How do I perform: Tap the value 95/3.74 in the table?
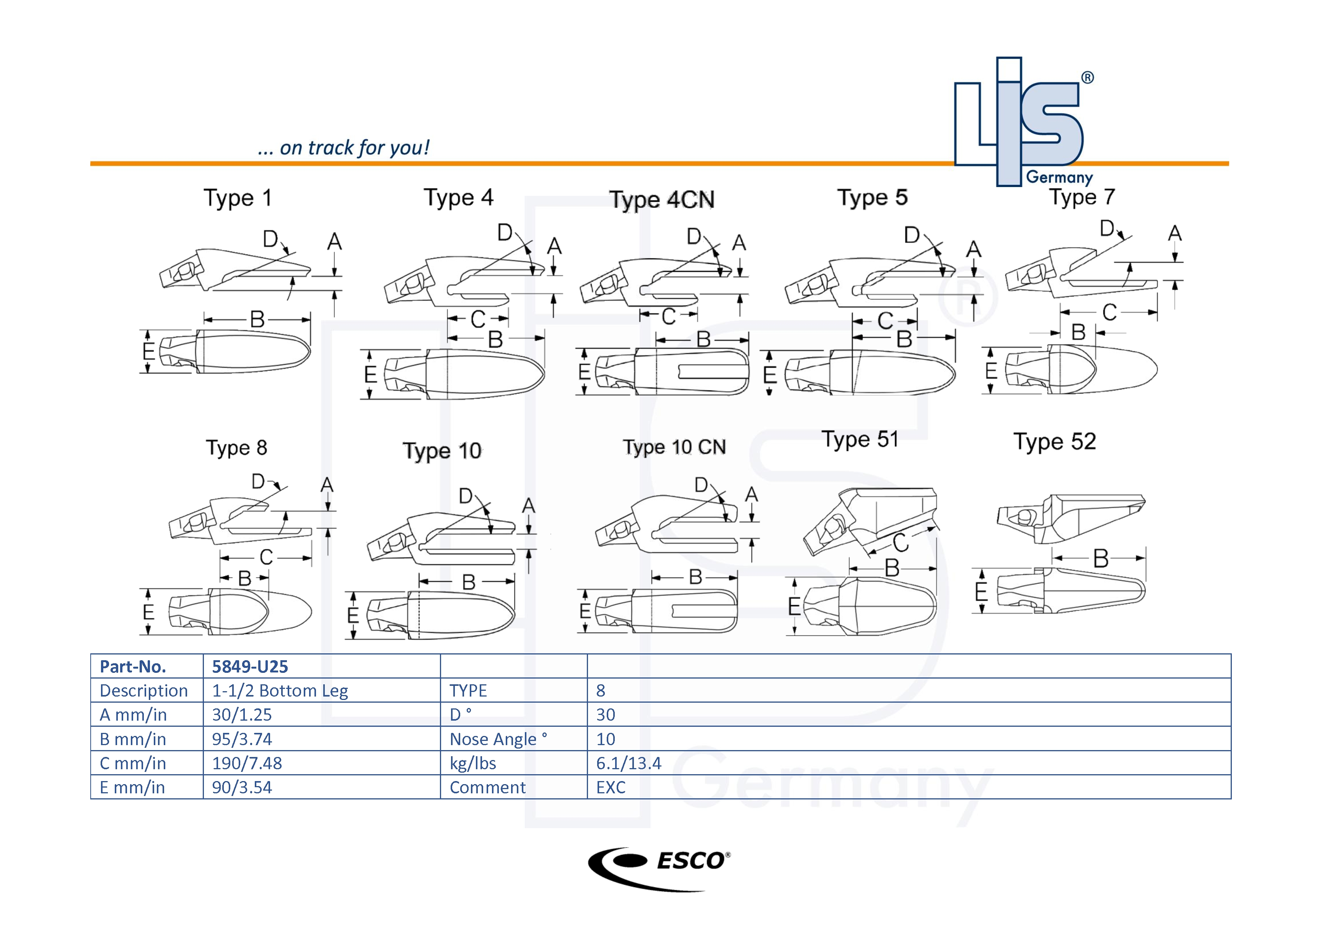click(x=242, y=739)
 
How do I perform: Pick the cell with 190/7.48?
click(x=247, y=763)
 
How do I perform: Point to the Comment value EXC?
click(x=611, y=788)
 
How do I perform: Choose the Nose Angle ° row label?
click(x=498, y=739)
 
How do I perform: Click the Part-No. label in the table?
click(x=133, y=666)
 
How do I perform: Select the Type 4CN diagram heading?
click(x=662, y=200)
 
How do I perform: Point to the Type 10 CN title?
click(x=674, y=447)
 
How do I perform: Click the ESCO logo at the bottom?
click(x=659, y=868)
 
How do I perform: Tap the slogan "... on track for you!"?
click(x=343, y=148)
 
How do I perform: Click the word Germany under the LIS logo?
click(x=1059, y=177)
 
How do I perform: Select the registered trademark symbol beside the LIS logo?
click(x=1087, y=78)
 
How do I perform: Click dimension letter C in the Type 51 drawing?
click(x=901, y=543)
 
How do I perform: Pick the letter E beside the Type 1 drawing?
click(x=148, y=351)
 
